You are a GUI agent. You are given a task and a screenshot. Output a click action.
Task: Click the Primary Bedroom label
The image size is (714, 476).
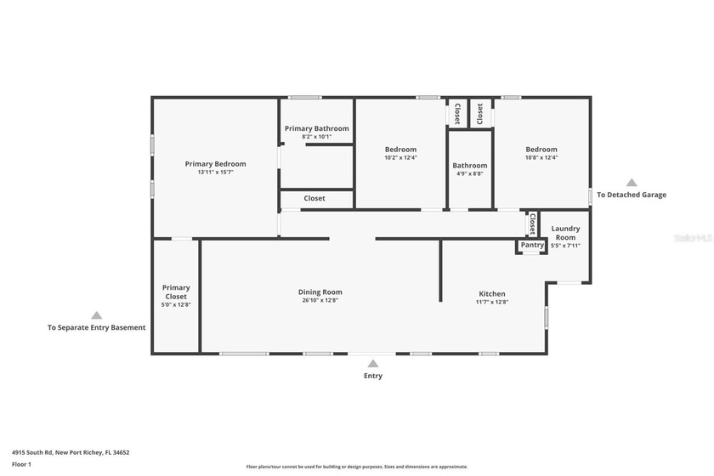pos(216,164)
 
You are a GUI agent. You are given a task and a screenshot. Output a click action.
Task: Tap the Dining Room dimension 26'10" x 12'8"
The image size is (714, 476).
pos(320,300)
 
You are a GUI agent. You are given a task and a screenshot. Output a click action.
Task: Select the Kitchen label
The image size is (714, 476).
pos(491,293)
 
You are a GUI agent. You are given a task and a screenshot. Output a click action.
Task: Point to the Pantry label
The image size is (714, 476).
pos(532,246)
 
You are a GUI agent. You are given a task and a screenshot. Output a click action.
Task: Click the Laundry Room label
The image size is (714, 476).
pos(565,233)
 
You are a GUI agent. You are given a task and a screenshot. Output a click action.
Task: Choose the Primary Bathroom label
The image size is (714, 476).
pos(316,128)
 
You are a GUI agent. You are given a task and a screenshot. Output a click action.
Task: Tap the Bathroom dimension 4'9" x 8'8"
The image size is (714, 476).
pos(469,173)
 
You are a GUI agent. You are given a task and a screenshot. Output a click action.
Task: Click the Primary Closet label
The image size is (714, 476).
pos(176,292)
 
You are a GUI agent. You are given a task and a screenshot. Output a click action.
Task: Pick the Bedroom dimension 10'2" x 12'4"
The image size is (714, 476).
pos(400,157)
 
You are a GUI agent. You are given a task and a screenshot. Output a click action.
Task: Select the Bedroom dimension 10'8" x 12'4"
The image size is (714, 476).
pos(541,157)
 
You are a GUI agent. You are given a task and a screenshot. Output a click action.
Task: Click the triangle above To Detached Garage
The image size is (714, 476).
pos(632,182)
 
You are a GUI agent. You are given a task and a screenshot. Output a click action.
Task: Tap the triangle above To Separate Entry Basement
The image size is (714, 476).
pos(96,314)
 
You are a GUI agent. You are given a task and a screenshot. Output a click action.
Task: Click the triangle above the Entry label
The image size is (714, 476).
pos(372,364)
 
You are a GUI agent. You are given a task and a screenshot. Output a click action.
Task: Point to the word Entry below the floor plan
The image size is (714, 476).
pos(372,376)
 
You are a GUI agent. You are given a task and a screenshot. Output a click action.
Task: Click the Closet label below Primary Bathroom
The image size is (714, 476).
pos(314,198)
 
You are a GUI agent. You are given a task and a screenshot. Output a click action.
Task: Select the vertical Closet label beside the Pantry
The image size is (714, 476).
pos(532,224)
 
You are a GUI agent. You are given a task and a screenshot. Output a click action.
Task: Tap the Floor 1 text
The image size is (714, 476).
pos(21,464)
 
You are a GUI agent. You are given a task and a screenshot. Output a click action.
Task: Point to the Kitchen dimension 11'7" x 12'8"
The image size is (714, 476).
pos(491,302)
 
